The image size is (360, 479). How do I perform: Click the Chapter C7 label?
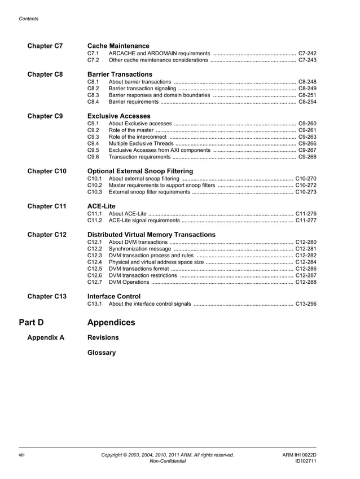tap(45, 46)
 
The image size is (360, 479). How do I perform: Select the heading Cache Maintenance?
tap(118, 46)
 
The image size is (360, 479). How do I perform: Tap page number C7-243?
tap(307, 60)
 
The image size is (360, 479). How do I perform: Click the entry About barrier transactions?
tap(140, 82)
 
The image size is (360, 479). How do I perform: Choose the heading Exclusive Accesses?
tap(119, 116)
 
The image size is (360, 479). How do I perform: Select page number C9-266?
tap(307, 144)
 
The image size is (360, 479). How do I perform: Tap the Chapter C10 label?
tap(47, 171)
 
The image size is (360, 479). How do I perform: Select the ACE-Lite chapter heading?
tap(102, 206)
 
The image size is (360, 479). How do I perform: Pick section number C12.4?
tap(95, 262)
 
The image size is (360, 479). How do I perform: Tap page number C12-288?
tap(305, 282)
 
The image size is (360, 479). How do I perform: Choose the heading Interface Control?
tap(114, 296)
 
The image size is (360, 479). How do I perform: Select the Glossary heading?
tap(102, 353)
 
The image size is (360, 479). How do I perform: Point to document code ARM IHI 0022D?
tap(299, 455)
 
